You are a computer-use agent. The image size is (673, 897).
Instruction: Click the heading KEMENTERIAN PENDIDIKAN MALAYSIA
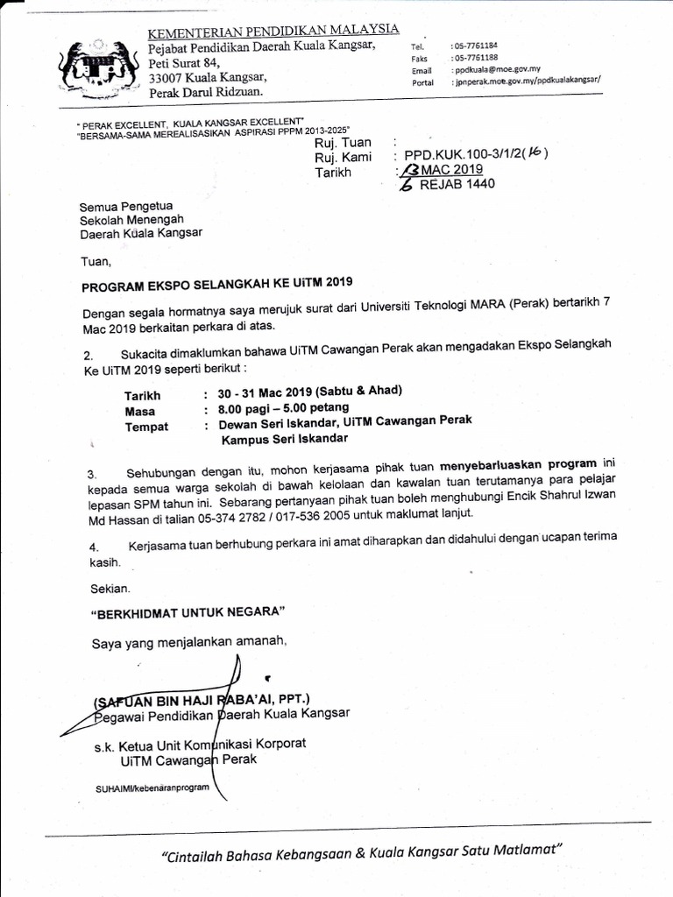click(273, 32)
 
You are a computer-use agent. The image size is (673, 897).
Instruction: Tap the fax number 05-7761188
click(474, 56)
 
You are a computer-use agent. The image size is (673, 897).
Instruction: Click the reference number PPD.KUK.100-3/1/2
click(468, 157)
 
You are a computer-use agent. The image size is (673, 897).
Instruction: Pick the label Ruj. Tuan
click(344, 143)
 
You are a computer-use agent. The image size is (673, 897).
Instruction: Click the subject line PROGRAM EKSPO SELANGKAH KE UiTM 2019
click(216, 285)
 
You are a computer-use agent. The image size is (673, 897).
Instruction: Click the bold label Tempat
click(146, 426)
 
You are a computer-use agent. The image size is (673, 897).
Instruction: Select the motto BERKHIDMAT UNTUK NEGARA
click(188, 611)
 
